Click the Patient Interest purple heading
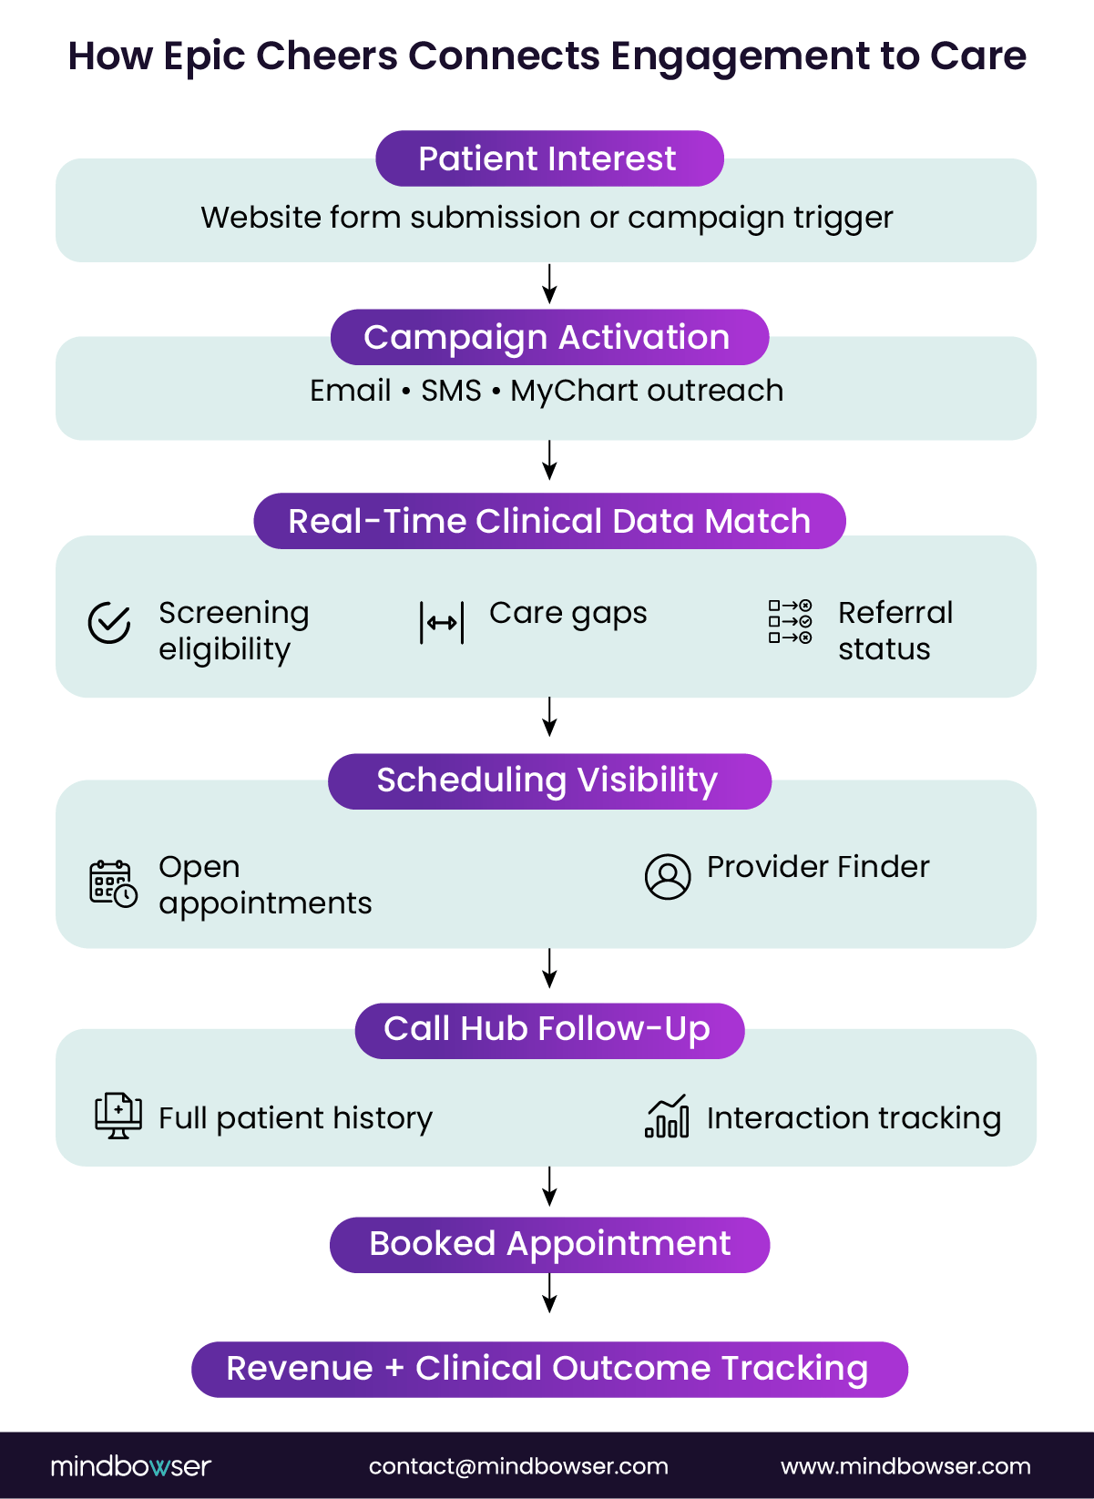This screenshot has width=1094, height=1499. (x=549, y=158)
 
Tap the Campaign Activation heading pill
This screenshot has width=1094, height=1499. (x=549, y=337)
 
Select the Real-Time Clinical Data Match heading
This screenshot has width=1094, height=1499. (x=549, y=521)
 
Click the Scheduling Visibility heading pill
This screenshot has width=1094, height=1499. (x=549, y=780)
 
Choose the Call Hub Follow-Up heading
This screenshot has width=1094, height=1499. (x=549, y=1030)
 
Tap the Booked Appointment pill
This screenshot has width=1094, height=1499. (x=549, y=1244)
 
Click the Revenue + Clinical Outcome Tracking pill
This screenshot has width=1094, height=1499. (x=549, y=1369)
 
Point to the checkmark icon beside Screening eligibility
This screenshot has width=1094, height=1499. (x=109, y=623)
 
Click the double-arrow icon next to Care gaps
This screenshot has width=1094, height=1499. (x=442, y=623)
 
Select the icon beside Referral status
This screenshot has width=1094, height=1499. (x=790, y=621)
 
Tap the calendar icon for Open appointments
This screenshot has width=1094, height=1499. (x=113, y=882)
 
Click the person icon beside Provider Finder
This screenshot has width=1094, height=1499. (x=668, y=876)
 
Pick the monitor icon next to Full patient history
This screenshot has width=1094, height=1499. (x=118, y=1116)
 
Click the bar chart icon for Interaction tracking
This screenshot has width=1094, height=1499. (x=667, y=1117)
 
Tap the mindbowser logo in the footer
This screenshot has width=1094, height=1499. (x=130, y=1466)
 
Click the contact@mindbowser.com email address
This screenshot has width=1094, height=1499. (x=518, y=1466)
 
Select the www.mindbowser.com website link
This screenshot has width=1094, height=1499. (x=905, y=1466)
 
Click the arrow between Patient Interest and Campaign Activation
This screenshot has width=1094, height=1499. (x=549, y=284)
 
